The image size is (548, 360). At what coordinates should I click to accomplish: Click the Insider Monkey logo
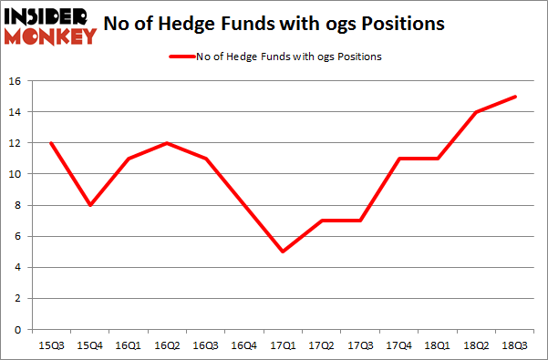click(x=51, y=26)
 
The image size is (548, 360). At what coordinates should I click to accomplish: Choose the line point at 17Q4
click(x=399, y=159)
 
